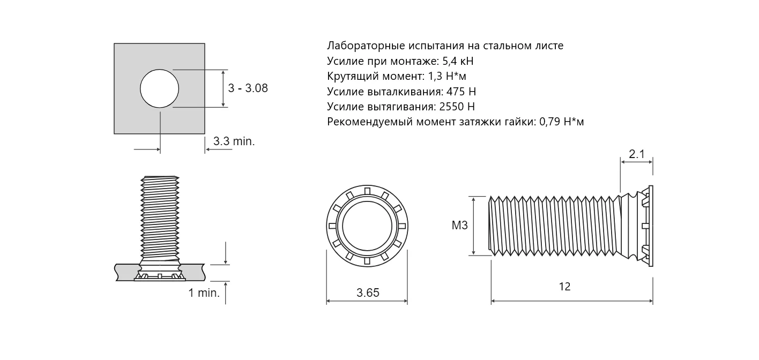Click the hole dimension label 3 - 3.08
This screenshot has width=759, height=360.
248,88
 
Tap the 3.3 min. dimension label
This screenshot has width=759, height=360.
234,141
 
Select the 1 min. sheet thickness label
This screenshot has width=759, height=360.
204,293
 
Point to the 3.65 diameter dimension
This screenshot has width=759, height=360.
368,292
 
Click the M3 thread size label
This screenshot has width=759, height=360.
459,225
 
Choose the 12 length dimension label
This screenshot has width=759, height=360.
564,287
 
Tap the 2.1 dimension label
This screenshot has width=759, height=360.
637,154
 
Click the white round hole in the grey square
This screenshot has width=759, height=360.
159,89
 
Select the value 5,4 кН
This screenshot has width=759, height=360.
458,61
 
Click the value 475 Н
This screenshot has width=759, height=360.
461,92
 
